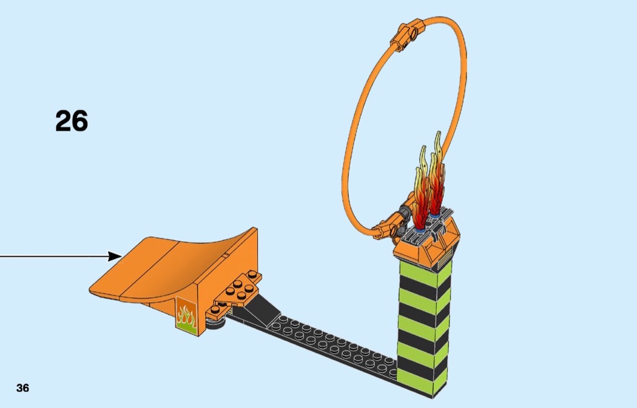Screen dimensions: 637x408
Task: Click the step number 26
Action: coord(72,121)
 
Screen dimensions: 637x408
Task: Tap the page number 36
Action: coord(23,388)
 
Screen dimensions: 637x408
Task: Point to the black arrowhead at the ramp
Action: coord(115,256)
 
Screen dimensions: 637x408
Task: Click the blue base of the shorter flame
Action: coord(420,229)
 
